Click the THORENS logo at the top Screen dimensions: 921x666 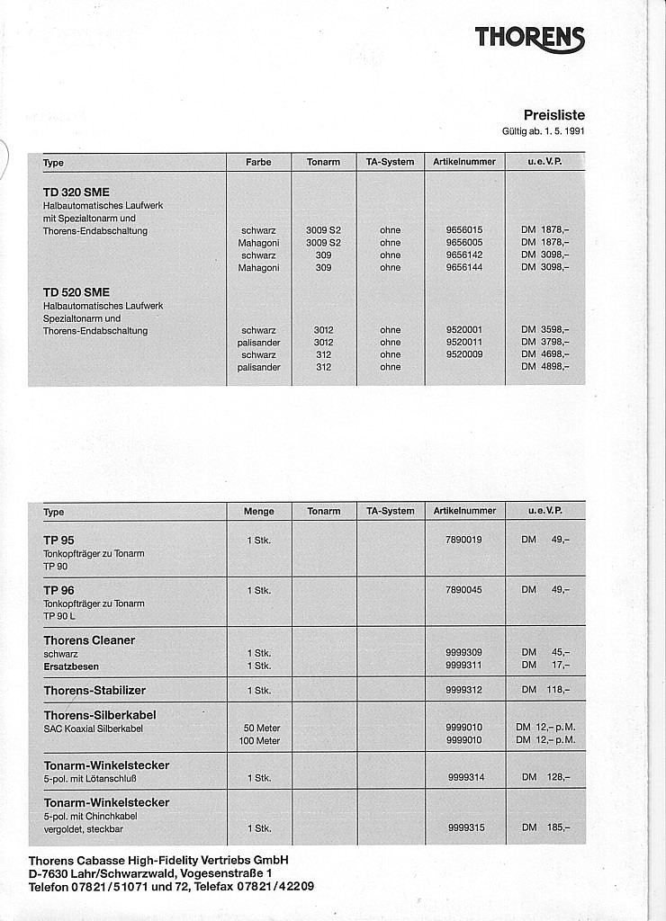tap(529, 38)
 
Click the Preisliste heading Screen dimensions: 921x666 tap(553, 114)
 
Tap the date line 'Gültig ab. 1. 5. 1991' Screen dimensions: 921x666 tap(543, 131)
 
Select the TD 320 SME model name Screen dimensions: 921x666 tap(76, 192)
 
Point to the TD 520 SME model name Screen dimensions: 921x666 tap(76, 292)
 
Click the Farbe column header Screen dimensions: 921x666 tap(258, 162)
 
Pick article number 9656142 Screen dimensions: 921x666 tap(464, 255)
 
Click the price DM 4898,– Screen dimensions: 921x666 tap(544, 367)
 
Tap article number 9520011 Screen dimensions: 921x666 tap(464, 343)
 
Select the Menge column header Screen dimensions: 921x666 tap(258, 511)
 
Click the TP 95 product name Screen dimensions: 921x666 tap(58, 540)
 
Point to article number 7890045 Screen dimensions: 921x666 tap(463, 590)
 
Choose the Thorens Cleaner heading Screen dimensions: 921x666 tap(89, 640)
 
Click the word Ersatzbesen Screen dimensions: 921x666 tap(71, 666)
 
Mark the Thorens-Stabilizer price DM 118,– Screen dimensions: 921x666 tap(544, 691)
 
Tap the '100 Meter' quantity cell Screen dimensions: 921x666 tap(259, 741)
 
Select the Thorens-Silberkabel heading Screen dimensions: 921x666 tap(100, 715)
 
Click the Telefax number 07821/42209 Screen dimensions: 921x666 tap(270, 886)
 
